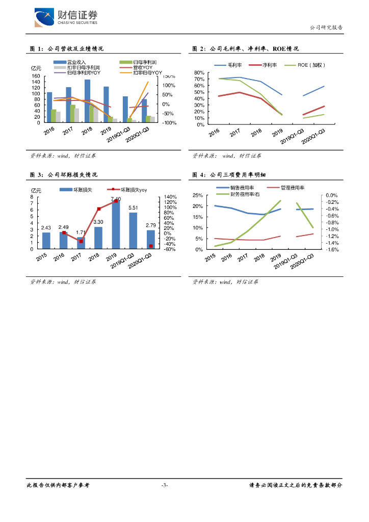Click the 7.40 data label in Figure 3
coord(116,199)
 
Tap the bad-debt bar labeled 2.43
coord(46,241)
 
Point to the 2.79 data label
coord(151,225)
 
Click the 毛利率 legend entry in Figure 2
coord(227,65)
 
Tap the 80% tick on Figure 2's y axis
coord(199,73)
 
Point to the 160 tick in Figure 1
coord(36,76)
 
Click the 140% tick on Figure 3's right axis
coord(170,197)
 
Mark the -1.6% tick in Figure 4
coord(332,250)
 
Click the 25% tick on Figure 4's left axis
coord(198,195)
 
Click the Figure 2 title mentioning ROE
coord(245,49)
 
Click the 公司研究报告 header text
coord(326,28)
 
